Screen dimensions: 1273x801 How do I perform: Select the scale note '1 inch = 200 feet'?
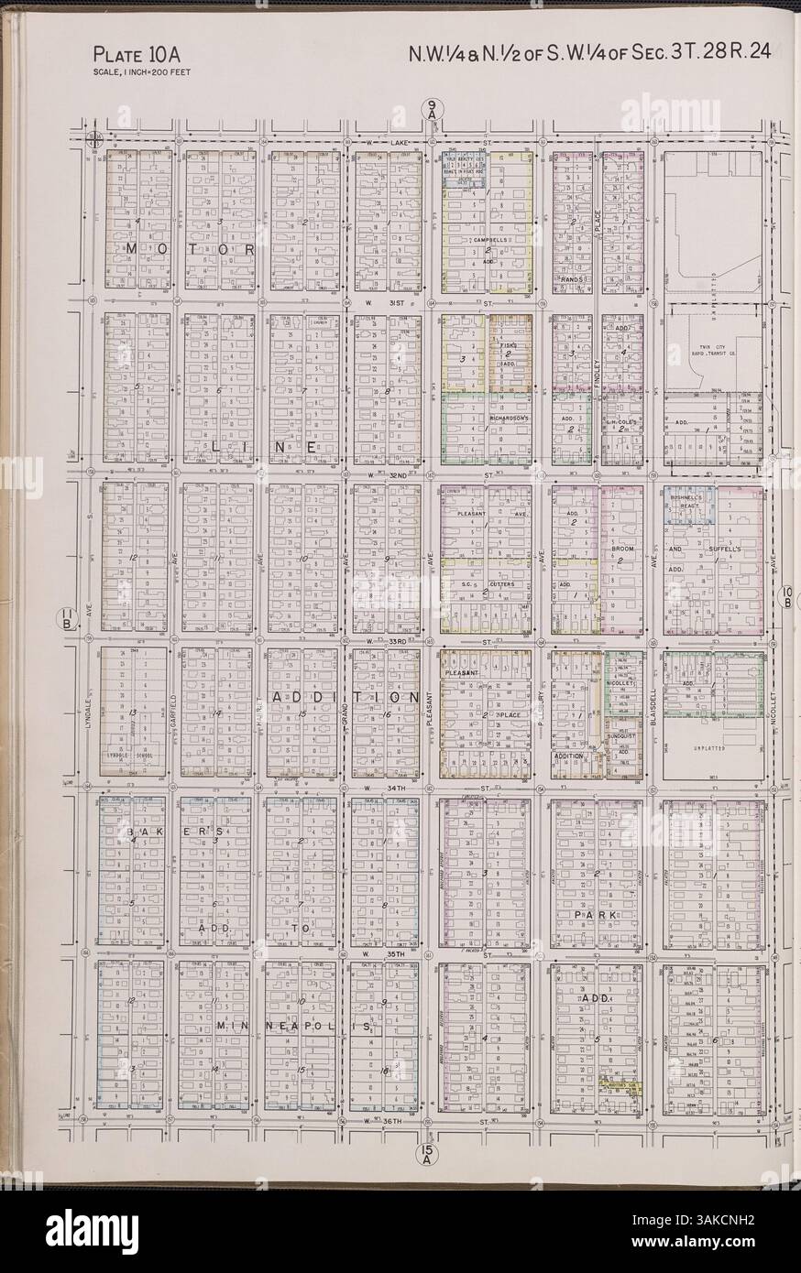(x=141, y=71)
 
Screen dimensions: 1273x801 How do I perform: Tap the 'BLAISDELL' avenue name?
(x=653, y=712)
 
